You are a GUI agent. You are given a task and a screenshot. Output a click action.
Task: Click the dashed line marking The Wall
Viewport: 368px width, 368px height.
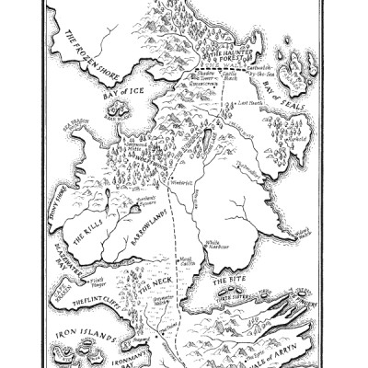(221, 71)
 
